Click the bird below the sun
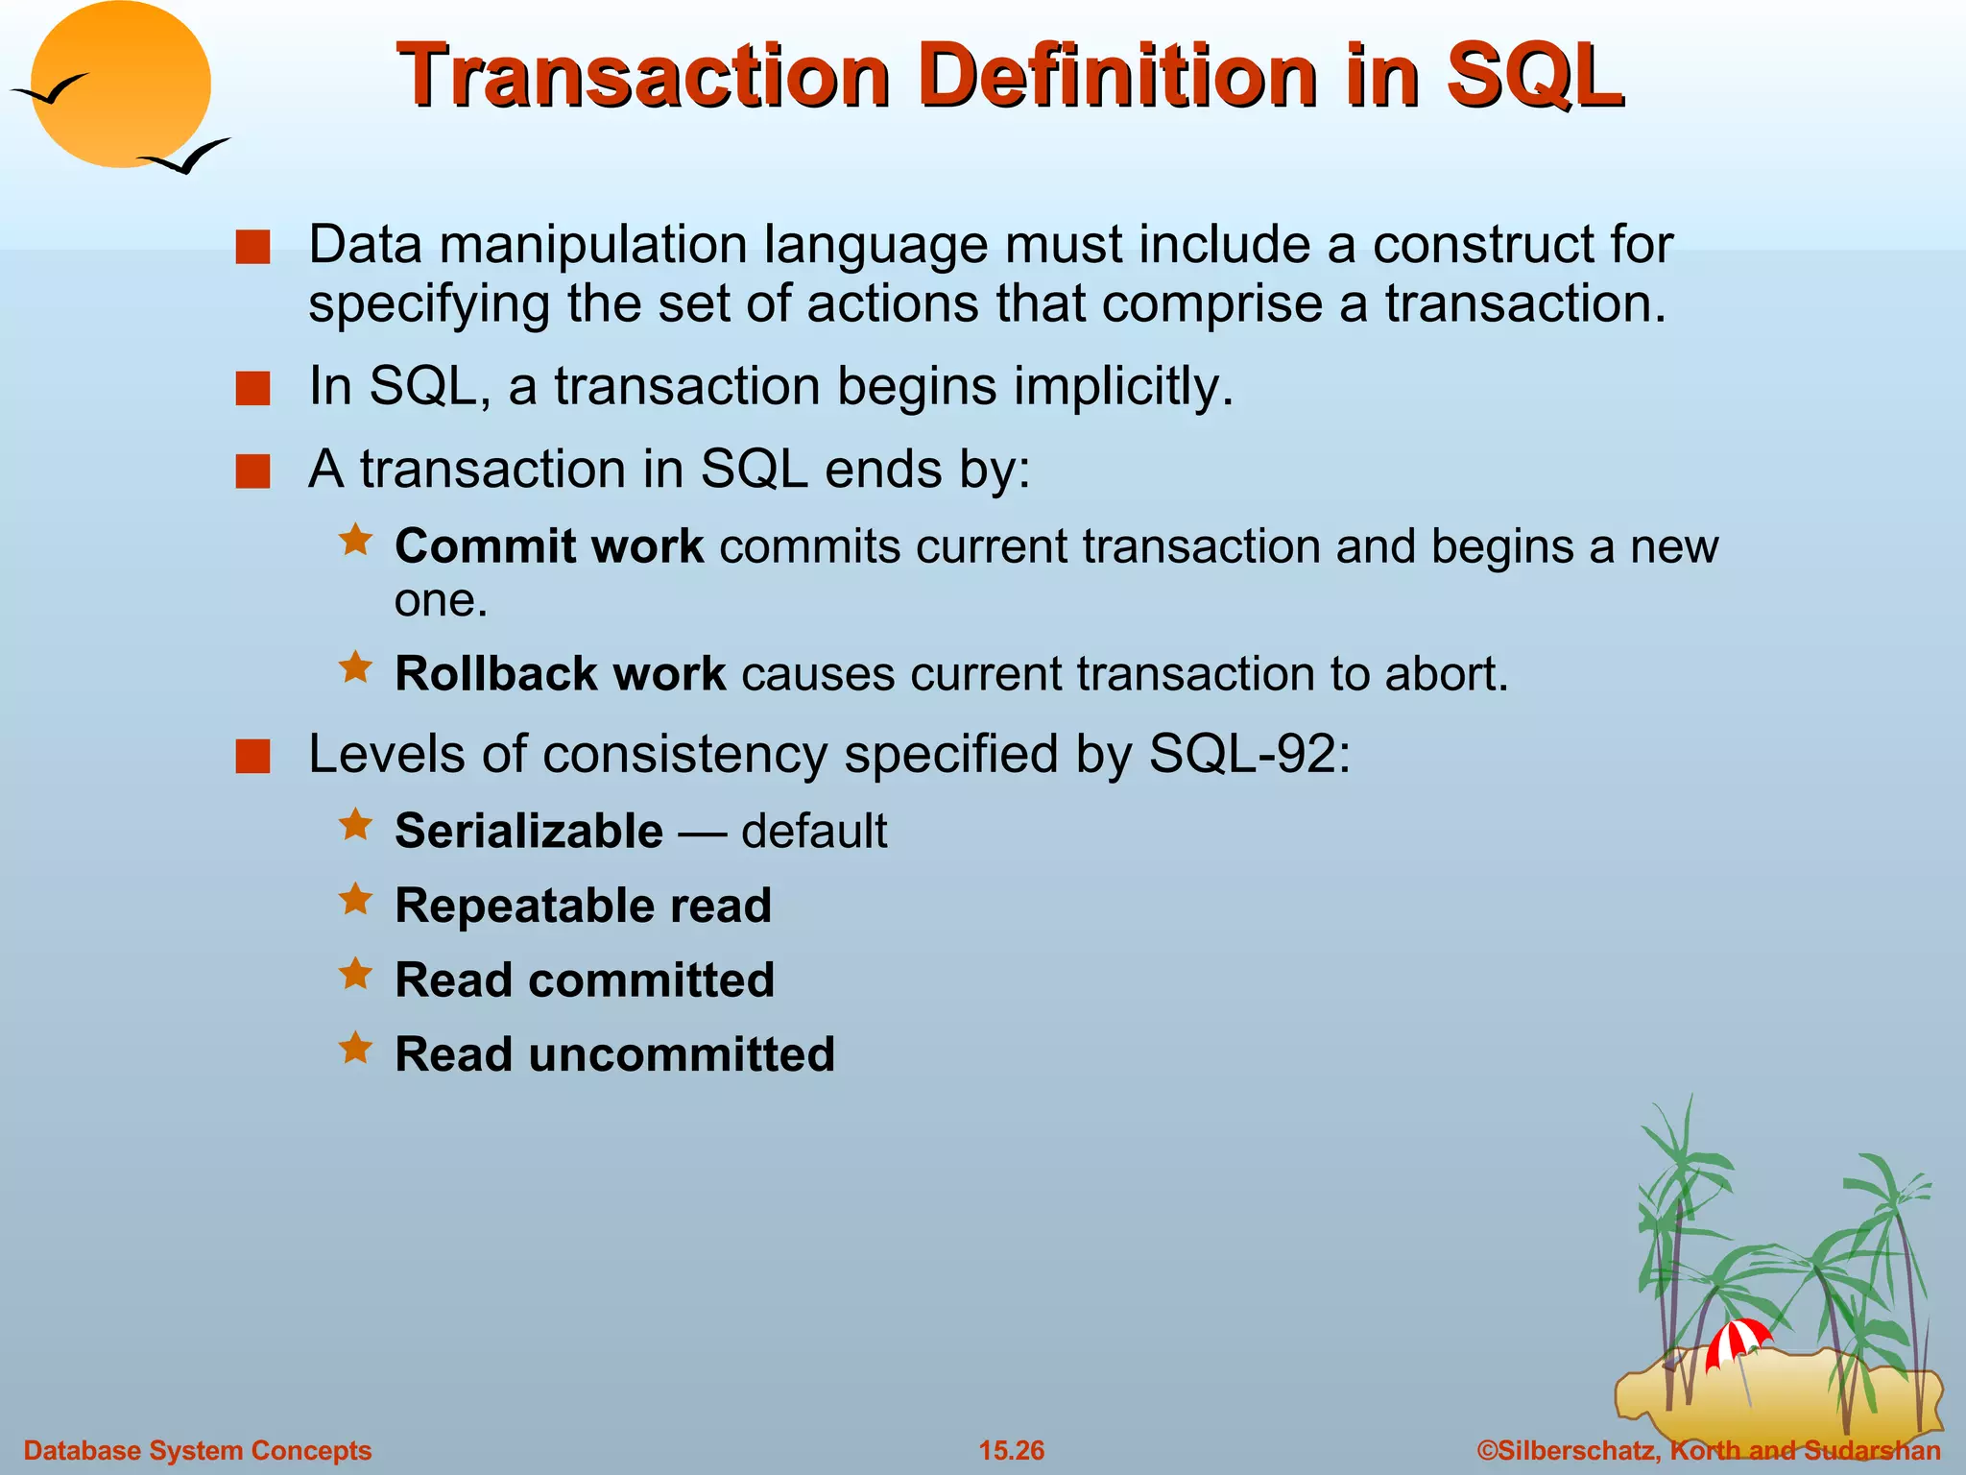pyautogui.click(x=186, y=157)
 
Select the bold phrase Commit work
pyautogui.click(x=549, y=546)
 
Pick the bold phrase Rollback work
pyautogui.click(x=560, y=674)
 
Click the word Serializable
pyautogui.click(x=528, y=831)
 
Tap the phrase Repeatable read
pyautogui.click(x=583, y=906)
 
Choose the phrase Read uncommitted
pyautogui.click(x=614, y=1054)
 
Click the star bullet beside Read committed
pyautogui.click(x=355, y=974)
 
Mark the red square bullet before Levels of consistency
pyautogui.click(x=252, y=756)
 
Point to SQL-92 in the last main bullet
pyautogui.click(x=1248, y=755)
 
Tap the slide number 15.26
pyautogui.click(x=1011, y=1450)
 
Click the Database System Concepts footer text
pyautogui.click(x=197, y=1450)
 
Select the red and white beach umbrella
pyautogui.click(x=1737, y=1341)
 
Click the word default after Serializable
pyautogui.click(x=814, y=831)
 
